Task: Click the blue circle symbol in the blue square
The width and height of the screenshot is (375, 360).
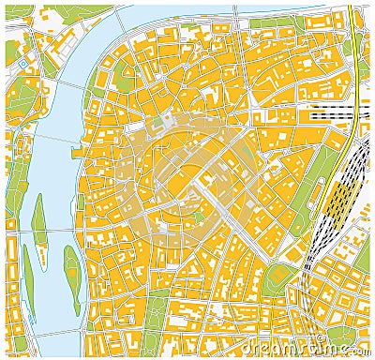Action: click(22, 62)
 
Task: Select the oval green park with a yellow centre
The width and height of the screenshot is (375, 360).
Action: click(277, 275)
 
